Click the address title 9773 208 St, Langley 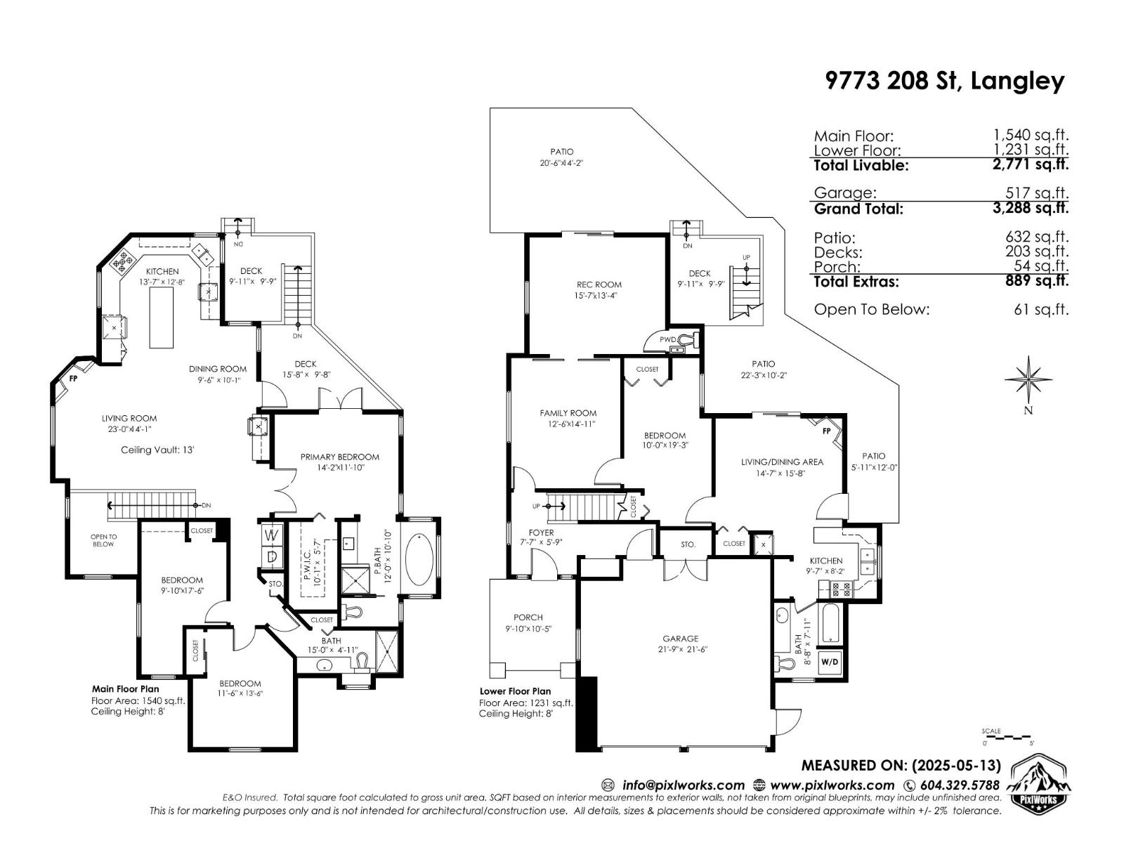[x=944, y=81]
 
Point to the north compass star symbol [x=1028, y=380]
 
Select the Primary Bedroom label [x=339, y=457]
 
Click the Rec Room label [x=599, y=285]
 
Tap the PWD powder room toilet [x=687, y=340]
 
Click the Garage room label [x=680, y=639]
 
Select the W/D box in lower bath [x=829, y=662]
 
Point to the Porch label [x=528, y=617]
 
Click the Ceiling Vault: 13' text [x=157, y=450]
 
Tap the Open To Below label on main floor [x=103, y=540]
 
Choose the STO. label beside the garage [x=688, y=544]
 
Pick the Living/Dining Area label [x=782, y=462]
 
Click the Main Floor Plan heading [x=125, y=689]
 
